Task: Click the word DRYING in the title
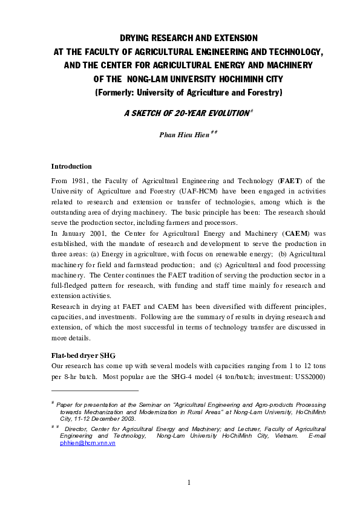point(136,37)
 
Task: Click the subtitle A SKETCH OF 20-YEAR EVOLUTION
point(180,114)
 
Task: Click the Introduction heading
point(71,166)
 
